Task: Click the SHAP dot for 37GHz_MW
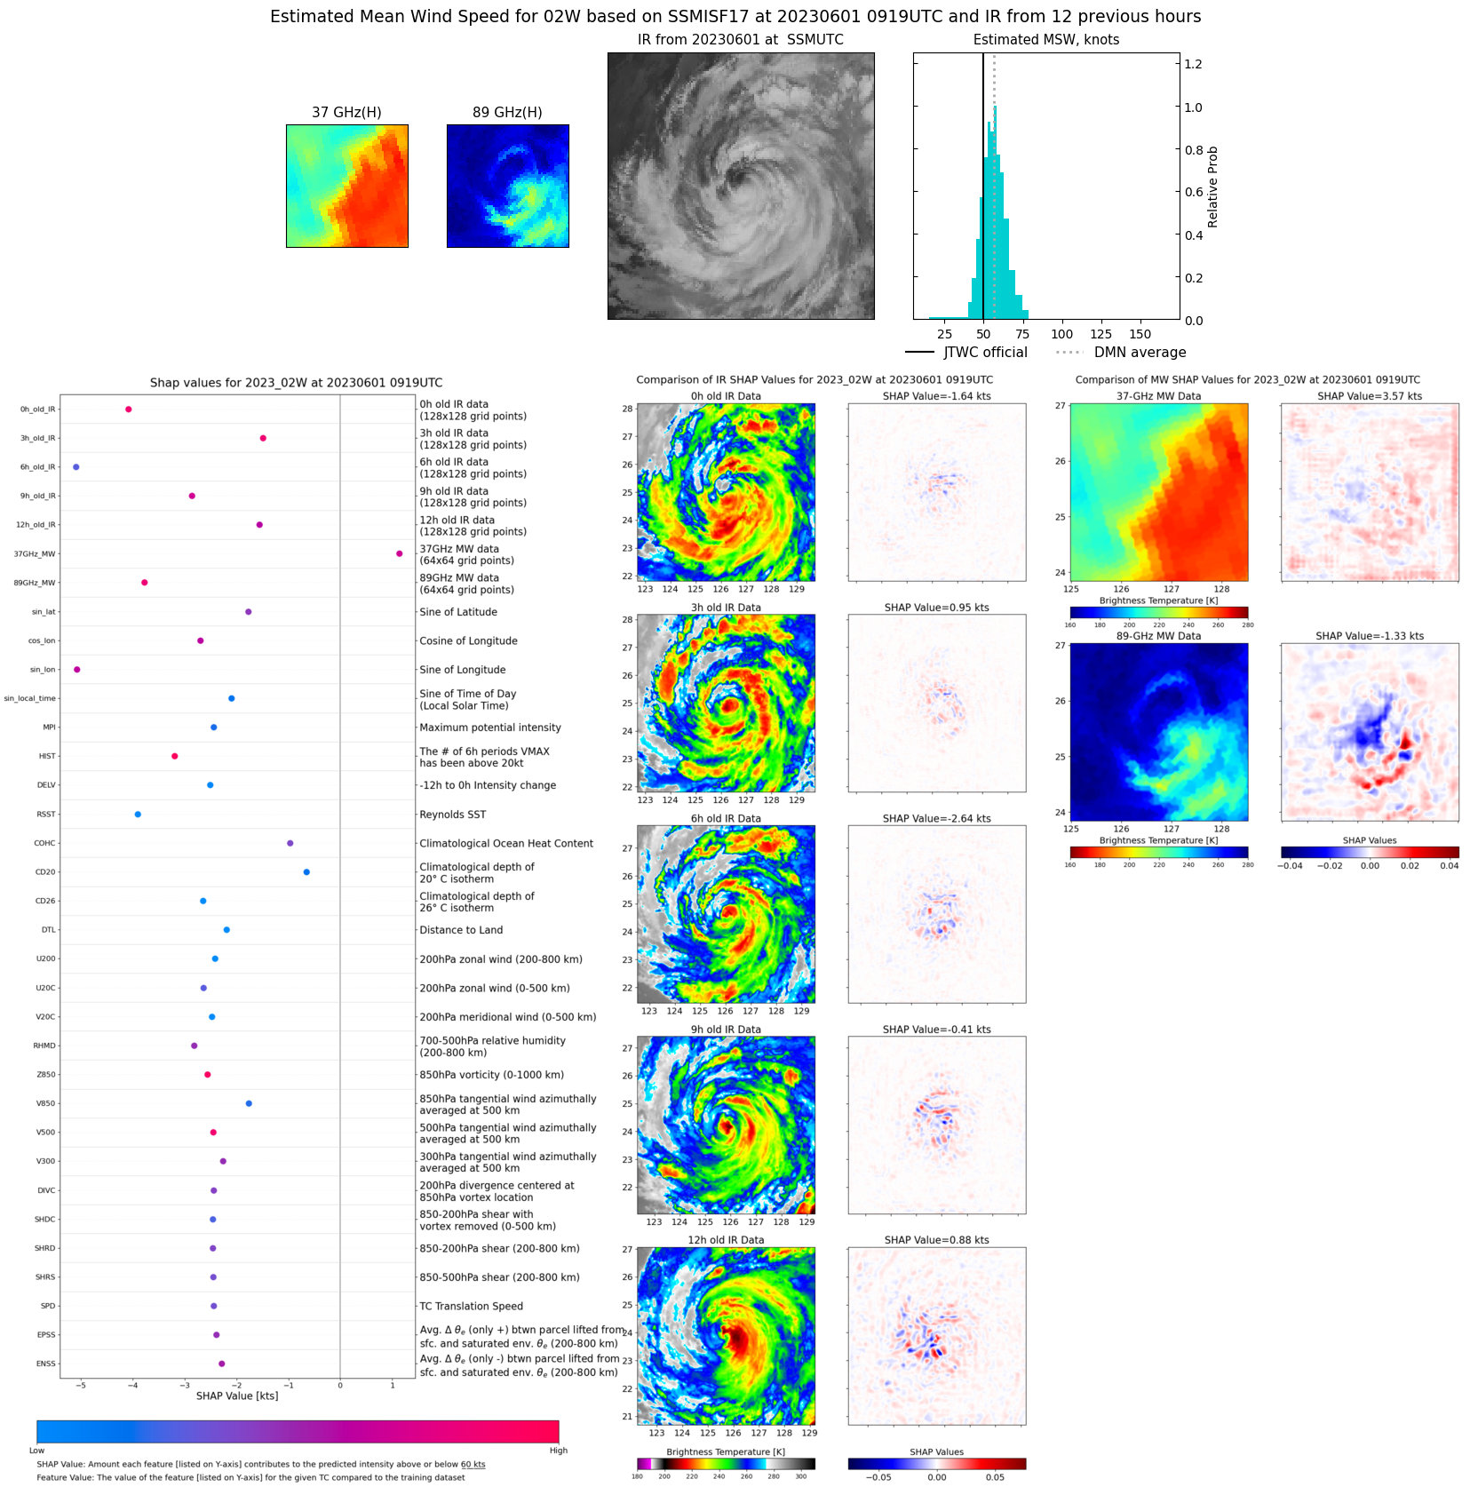[399, 553]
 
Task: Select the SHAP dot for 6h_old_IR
[75, 467]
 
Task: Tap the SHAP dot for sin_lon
[76, 670]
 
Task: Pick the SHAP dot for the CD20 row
[306, 872]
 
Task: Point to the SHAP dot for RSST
[138, 815]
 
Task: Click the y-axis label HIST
[47, 757]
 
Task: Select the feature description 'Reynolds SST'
[452, 815]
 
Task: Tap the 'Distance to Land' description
[461, 930]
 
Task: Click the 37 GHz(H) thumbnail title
[346, 112]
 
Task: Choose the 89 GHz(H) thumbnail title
[507, 112]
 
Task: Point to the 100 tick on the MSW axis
[1061, 335]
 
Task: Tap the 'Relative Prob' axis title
[1212, 187]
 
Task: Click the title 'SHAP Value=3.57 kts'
[1369, 396]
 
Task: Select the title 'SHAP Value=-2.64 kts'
[936, 819]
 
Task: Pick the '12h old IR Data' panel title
[726, 1240]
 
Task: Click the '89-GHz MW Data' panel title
[1158, 636]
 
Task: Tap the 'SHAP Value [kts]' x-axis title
[237, 1396]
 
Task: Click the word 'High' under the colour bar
[558, 1451]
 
